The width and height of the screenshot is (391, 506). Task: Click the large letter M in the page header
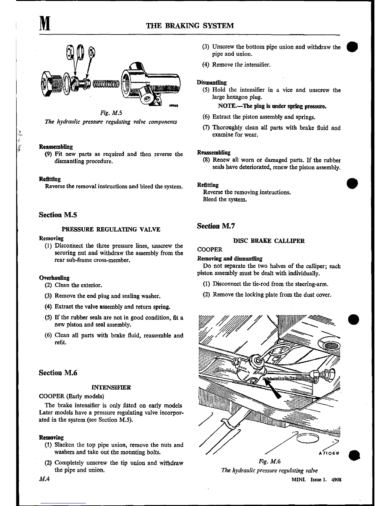tap(45, 25)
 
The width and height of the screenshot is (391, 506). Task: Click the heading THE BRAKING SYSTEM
tap(190, 26)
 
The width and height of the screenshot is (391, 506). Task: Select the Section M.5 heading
tap(58, 215)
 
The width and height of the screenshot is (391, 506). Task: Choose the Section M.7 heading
tap(216, 226)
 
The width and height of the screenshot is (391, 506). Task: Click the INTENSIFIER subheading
tap(111, 387)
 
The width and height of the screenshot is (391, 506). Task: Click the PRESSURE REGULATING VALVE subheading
tap(111, 229)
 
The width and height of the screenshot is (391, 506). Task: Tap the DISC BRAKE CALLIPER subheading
tap(269, 241)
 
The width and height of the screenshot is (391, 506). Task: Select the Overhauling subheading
tap(54, 278)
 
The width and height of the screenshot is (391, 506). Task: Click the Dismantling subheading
tap(211, 82)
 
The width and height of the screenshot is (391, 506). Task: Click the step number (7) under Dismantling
tap(206, 128)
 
